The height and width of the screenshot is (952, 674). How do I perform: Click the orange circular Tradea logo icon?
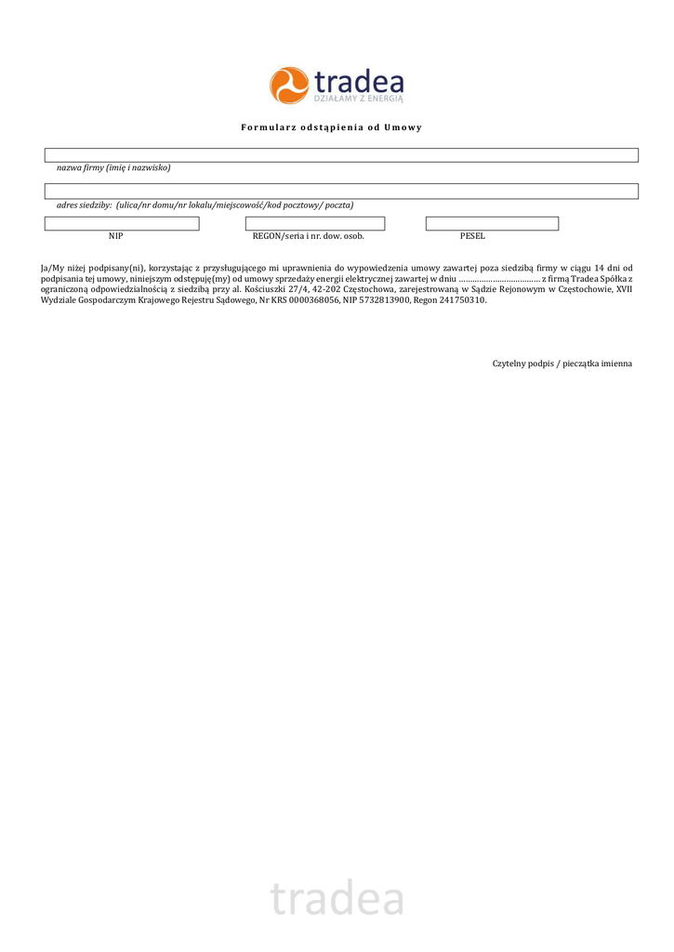coord(289,86)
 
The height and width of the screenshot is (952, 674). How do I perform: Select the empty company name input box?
coord(341,155)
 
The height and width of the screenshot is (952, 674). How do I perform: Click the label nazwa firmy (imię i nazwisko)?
coord(113,168)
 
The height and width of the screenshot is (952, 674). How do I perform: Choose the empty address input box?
coord(341,192)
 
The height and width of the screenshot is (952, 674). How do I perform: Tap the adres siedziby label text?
coord(205,205)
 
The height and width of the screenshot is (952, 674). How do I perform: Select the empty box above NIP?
coord(122,224)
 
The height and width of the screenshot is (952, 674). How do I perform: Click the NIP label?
coord(115,236)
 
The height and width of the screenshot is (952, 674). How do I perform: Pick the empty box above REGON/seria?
coord(314,224)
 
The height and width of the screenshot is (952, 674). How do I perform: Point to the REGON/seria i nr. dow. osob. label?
coord(308,236)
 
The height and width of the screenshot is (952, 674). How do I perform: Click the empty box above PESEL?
coord(492,224)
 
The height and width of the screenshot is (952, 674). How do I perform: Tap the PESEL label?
coord(472,236)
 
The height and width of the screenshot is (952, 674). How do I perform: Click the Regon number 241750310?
coord(462,300)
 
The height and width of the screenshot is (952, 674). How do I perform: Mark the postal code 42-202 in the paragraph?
coord(327,289)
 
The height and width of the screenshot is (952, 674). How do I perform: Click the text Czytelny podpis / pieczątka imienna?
coord(562,364)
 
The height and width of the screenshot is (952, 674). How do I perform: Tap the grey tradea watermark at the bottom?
coord(337,899)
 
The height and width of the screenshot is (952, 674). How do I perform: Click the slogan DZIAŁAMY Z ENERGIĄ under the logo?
coord(358,97)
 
